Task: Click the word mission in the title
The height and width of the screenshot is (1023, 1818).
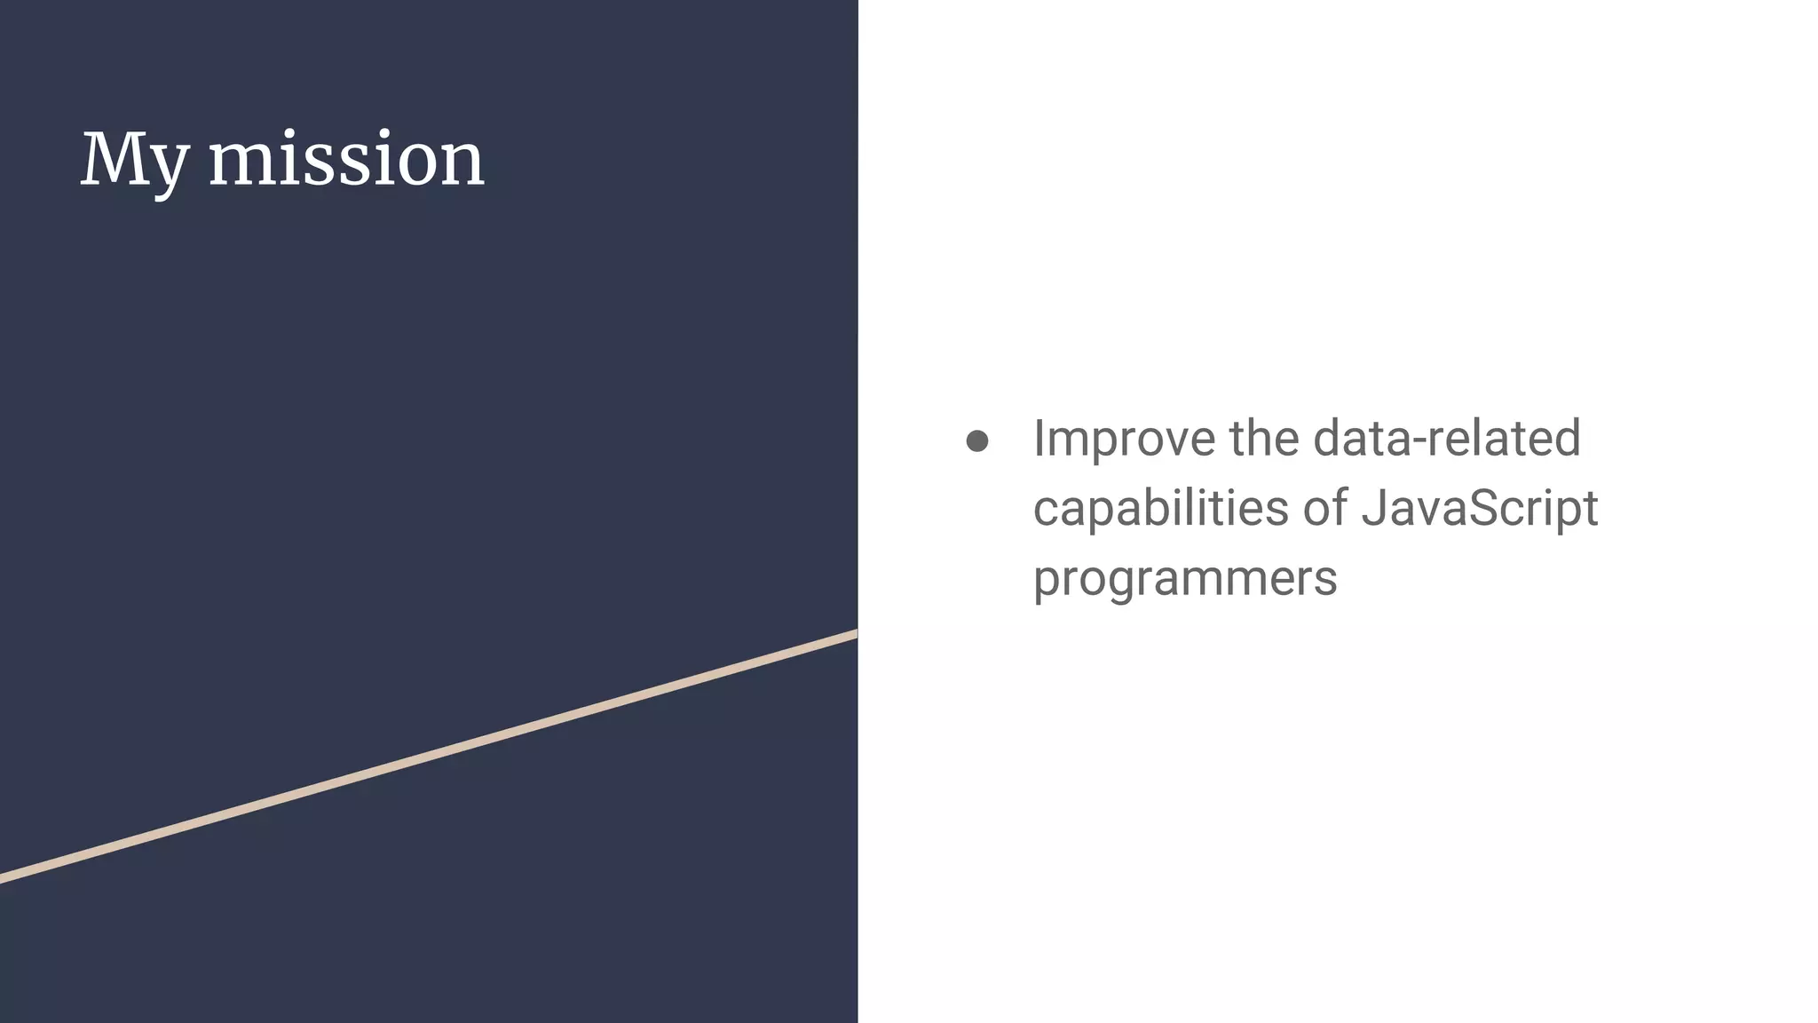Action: [346, 160]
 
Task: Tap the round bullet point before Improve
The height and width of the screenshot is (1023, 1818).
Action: [977, 441]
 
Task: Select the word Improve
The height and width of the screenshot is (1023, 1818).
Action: [1123, 439]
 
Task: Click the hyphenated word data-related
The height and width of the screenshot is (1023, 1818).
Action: [1446, 439]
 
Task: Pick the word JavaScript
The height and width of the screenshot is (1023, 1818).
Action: [1479, 509]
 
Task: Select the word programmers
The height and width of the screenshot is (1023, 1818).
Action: [1185, 579]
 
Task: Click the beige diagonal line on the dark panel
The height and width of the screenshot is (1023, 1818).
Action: [426, 757]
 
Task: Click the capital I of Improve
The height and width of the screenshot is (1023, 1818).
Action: [1039, 439]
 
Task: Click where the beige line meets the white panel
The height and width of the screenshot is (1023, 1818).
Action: [855, 634]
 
